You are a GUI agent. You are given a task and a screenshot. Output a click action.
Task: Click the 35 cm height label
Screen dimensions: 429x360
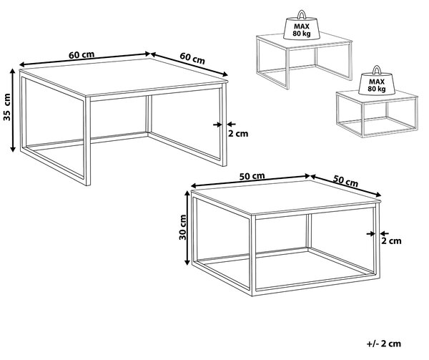(7, 107)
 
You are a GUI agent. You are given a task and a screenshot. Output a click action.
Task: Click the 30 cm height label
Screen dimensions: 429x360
(182, 228)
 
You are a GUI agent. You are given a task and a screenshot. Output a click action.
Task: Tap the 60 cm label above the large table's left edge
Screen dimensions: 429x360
(82, 55)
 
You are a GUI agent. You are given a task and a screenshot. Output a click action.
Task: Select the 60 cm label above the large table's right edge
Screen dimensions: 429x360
(192, 58)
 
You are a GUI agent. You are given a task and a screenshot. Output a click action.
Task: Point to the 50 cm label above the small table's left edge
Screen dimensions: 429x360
(252, 176)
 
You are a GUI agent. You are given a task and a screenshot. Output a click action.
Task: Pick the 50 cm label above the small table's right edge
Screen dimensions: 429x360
(345, 181)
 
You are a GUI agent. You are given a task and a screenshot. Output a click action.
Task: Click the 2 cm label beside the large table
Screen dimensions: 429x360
(238, 134)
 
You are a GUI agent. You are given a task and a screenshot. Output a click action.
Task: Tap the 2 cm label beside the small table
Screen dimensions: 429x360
(391, 241)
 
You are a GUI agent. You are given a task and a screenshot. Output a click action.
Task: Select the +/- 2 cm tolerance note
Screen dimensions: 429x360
(383, 344)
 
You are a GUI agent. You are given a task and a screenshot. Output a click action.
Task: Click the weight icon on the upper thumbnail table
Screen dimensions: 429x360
(302, 25)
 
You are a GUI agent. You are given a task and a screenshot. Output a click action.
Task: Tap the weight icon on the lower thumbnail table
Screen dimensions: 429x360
(377, 80)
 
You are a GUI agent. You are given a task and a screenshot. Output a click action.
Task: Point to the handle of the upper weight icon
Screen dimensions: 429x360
(302, 14)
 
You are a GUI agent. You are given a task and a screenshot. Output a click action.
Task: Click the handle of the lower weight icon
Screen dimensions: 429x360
(377, 69)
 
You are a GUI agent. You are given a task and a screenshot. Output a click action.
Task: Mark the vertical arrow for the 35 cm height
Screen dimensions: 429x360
(13, 110)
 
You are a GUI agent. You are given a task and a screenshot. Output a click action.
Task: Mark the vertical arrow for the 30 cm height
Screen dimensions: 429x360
(187, 228)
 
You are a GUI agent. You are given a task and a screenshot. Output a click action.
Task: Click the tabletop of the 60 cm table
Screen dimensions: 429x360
(124, 77)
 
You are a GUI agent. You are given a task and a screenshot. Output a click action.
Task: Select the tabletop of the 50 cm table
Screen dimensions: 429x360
(286, 197)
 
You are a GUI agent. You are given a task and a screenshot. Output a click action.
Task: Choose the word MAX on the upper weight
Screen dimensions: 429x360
(302, 26)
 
